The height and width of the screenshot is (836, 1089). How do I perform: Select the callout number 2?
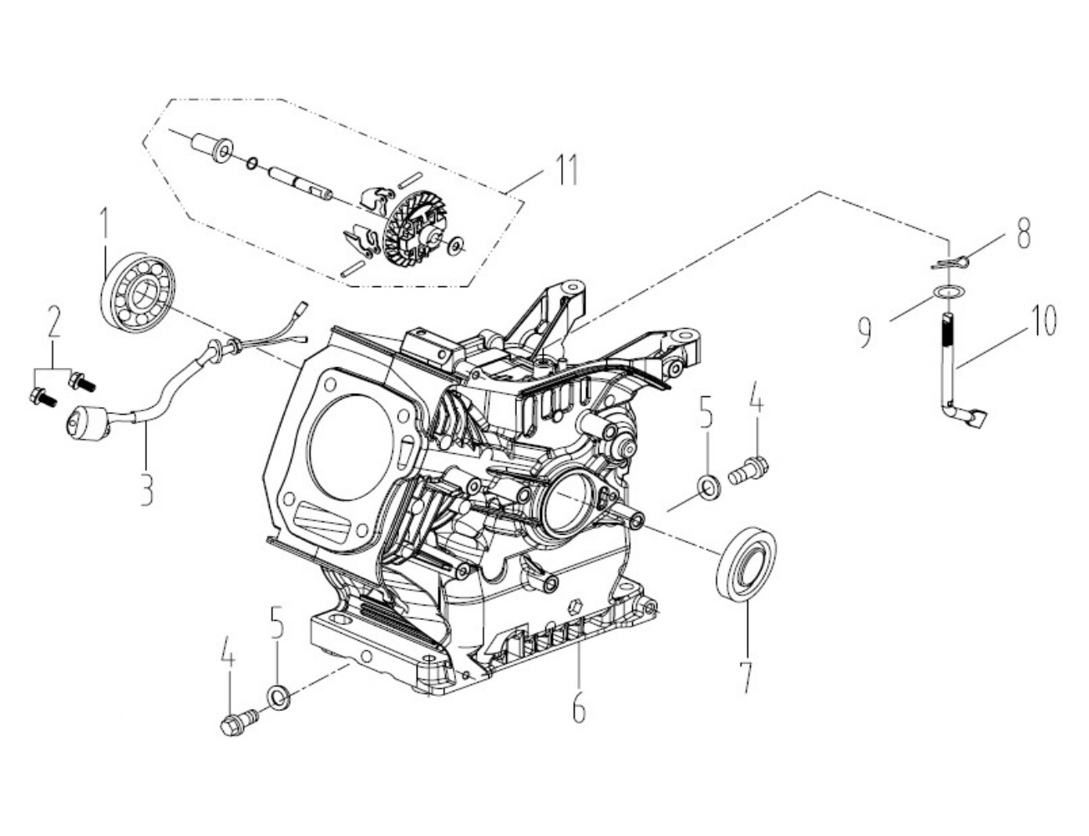(x=53, y=322)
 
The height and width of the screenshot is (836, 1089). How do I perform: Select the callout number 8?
(x=1023, y=233)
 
